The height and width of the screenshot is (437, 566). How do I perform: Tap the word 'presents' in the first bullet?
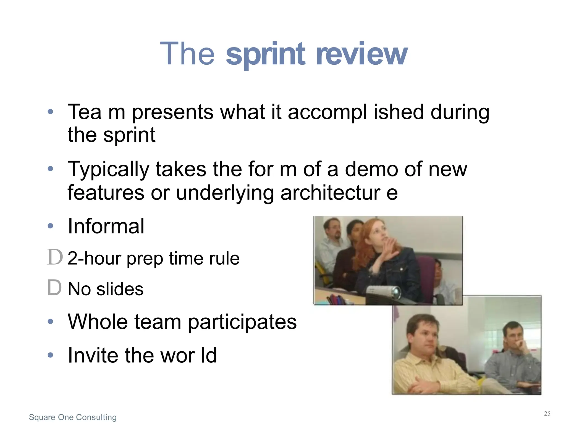tap(173, 112)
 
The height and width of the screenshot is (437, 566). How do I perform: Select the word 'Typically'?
tap(108, 170)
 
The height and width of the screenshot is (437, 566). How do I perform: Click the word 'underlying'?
tap(225, 193)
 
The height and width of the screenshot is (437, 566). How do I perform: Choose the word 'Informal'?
tap(106, 226)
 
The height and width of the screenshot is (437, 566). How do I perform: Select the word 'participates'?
tap(242, 322)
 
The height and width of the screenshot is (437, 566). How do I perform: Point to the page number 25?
tap(547, 414)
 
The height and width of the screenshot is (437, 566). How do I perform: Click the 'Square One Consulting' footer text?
tap(73, 417)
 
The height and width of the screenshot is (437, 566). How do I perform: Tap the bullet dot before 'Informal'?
tap(50, 226)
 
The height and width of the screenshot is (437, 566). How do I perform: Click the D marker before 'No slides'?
tap(54, 288)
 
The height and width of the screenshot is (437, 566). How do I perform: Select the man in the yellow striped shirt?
tap(426, 359)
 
